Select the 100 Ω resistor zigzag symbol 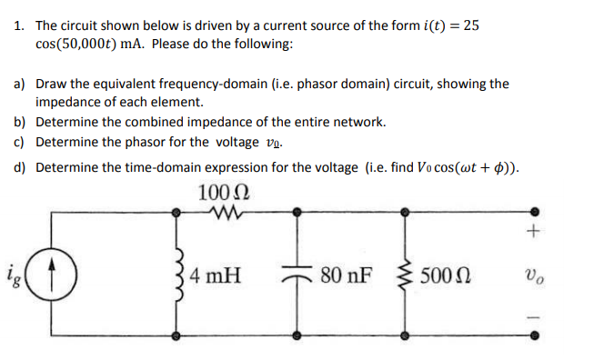tap(222, 215)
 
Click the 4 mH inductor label tap(215, 274)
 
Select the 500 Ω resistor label tap(452, 274)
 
